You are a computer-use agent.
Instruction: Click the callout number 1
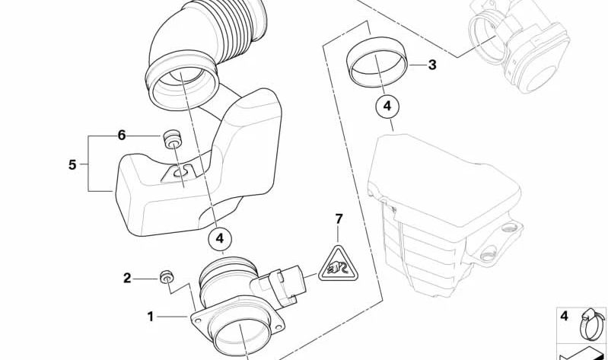pos(151,316)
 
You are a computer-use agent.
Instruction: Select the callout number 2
pos(128,279)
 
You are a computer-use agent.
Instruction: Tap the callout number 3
pos(431,65)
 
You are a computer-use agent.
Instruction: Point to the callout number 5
pos(72,164)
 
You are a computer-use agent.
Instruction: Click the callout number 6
pos(121,135)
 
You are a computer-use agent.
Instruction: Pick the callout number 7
pos(339,219)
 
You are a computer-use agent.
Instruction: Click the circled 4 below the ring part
pos(387,107)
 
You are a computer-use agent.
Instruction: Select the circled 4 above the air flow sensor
pos(220,239)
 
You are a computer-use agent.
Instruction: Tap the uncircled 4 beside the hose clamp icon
pos(564,315)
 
